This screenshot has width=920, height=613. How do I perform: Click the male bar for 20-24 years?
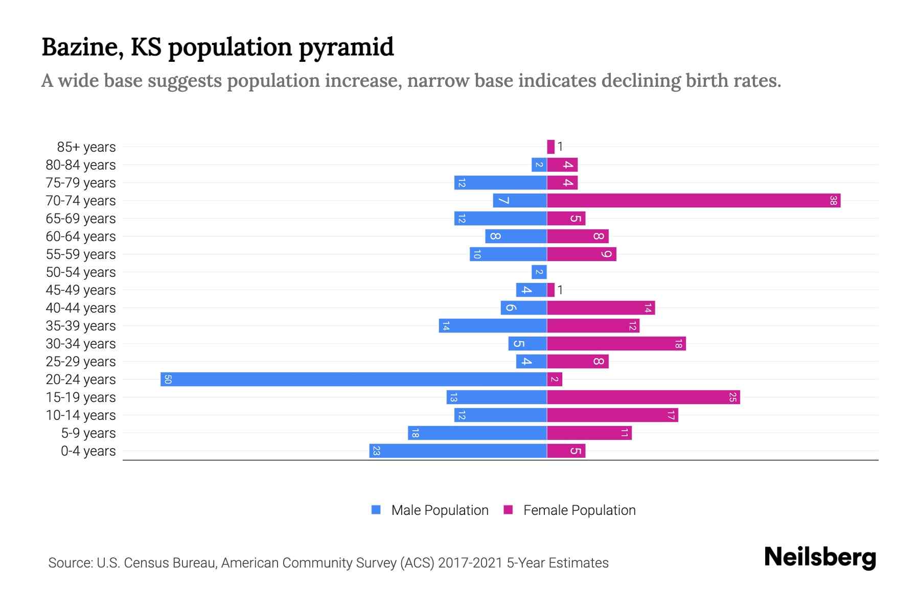[354, 379]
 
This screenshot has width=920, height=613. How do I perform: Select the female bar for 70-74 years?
[694, 200]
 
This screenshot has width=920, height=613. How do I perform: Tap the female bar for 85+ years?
[550, 147]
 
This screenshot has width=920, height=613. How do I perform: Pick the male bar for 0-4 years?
[458, 451]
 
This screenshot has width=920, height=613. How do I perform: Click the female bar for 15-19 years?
[643, 397]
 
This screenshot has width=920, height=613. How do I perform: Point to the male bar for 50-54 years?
[539, 272]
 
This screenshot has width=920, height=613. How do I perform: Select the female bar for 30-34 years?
[616, 343]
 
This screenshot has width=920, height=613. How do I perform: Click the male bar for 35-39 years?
[493, 325]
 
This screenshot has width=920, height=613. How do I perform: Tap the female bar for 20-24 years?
[555, 379]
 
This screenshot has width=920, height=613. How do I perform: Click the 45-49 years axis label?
[81, 290]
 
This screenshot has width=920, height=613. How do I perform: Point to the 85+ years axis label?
[86, 147]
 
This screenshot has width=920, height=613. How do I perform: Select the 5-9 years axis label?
[88, 433]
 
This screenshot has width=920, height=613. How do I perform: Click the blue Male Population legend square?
[376, 510]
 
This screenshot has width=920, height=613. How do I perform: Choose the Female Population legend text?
[579, 510]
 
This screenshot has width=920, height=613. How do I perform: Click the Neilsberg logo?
[820, 557]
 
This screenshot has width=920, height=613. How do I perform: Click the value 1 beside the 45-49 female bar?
[560, 290]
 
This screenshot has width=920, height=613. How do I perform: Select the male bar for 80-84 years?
[539, 164]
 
